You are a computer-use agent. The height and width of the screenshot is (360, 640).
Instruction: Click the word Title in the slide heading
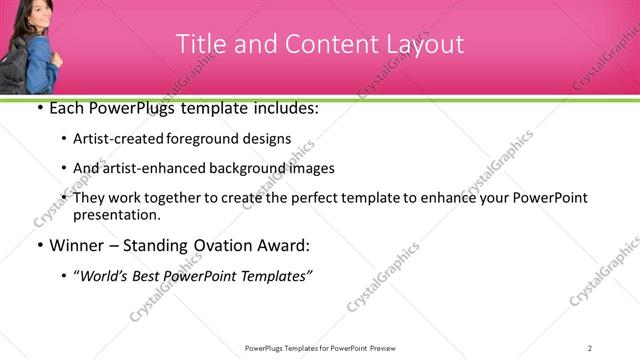[197, 44]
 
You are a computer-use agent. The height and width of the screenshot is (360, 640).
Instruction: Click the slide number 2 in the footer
[590, 347]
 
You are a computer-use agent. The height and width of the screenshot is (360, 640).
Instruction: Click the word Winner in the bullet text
[75, 245]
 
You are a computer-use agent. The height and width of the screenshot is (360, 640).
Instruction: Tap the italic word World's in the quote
[106, 275]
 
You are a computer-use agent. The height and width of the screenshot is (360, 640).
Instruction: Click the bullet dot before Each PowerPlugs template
[39, 107]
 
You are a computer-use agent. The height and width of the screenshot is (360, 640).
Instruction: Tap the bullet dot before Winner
[39, 245]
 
